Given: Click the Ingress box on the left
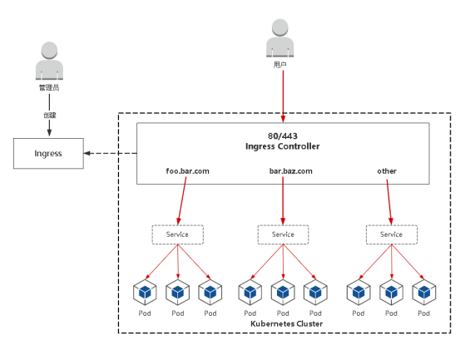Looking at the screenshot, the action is tap(48, 153).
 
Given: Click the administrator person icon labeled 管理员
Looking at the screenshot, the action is tap(49, 61).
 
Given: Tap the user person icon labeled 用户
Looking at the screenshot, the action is tap(280, 38).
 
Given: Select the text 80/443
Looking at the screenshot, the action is tap(283, 136).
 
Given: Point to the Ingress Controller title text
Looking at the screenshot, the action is tap(282, 146).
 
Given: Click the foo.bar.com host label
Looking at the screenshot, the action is tap(188, 171).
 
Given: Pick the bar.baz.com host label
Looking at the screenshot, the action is tap(291, 171).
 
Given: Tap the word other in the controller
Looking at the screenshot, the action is tap(387, 171).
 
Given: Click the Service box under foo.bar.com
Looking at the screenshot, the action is tap(177, 234).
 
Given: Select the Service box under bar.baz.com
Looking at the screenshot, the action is tap(283, 234).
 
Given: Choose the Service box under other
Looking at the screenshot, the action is tap(392, 234).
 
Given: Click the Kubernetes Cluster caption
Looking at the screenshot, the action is tap(286, 323).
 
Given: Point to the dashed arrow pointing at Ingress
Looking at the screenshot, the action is tap(111, 153).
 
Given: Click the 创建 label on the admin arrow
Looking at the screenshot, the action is tap(50, 115).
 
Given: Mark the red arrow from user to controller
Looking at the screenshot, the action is tap(283, 96).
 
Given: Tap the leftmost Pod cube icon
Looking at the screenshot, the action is tap(145, 293).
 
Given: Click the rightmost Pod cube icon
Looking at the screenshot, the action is tap(424, 293).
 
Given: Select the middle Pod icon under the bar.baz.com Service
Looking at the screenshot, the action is tap(283, 293).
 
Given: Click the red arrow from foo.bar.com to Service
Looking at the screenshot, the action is tap(182, 201).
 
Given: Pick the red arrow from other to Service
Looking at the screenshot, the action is tap(389, 202).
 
